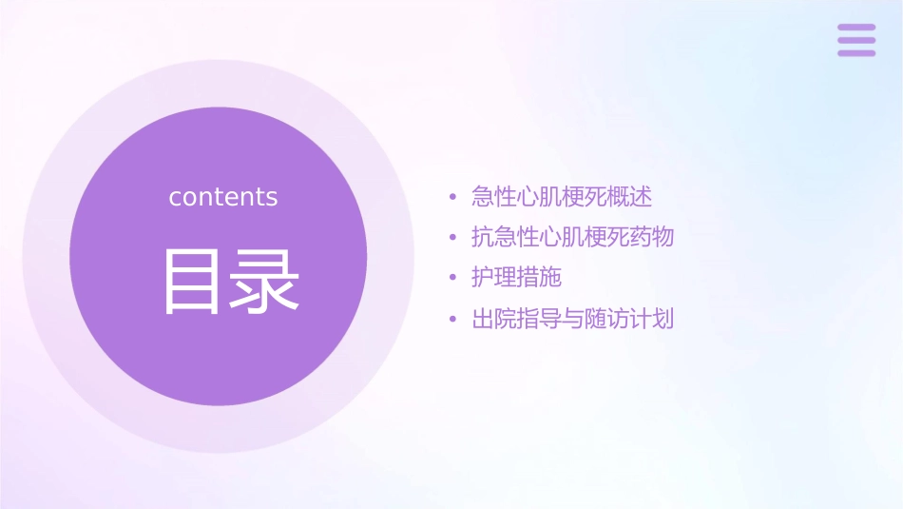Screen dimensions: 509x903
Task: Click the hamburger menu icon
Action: (x=856, y=40)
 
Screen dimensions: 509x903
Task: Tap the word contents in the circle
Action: (x=223, y=197)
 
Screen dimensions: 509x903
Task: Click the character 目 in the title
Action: (x=195, y=282)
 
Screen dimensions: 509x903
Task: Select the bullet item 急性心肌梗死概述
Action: (x=562, y=197)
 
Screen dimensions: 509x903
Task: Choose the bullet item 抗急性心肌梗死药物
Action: (x=572, y=237)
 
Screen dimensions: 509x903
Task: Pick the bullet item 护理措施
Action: (x=517, y=278)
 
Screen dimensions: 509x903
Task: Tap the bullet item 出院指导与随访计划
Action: (x=572, y=319)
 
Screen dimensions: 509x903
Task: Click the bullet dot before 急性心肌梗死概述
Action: (x=452, y=198)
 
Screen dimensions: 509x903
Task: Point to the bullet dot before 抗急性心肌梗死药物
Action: (x=452, y=238)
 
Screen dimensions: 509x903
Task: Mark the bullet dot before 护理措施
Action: (x=452, y=279)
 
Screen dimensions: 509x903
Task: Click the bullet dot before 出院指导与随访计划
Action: (x=452, y=320)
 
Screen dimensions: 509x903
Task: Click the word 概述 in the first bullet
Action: (x=630, y=197)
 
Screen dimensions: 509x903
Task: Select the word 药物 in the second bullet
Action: (x=651, y=237)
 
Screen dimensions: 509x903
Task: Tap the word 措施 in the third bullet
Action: (x=540, y=278)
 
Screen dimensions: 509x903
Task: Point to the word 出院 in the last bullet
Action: (x=494, y=319)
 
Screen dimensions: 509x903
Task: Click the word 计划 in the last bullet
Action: (x=651, y=319)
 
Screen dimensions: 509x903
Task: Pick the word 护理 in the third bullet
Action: (x=494, y=278)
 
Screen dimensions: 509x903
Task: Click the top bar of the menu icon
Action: (x=856, y=28)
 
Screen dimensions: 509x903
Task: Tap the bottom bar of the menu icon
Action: (x=856, y=52)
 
